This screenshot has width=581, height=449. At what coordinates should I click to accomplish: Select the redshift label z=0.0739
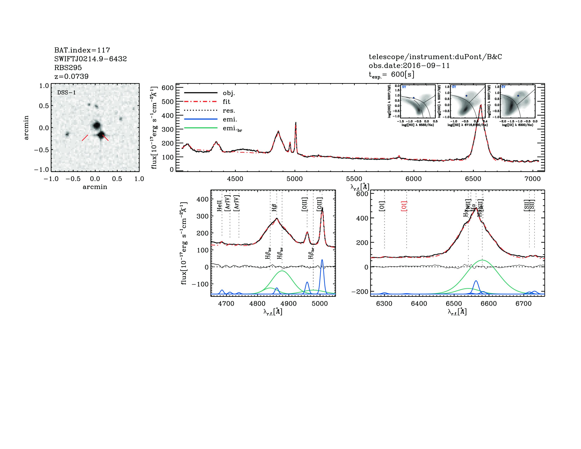point(71,76)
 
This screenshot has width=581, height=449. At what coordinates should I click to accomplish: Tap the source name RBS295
point(68,68)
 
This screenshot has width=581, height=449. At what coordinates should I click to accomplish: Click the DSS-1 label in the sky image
point(67,93)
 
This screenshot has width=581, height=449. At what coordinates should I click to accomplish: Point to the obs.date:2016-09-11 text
point(409,66)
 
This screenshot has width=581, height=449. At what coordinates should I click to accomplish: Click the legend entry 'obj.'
point(229,93)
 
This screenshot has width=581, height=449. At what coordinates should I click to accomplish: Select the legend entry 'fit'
point(226,102)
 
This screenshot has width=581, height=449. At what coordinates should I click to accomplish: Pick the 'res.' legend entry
point(229,111)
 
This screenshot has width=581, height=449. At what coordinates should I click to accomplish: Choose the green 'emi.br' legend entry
point(232,129)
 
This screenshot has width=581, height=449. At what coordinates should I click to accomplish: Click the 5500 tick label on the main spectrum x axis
point(354,179)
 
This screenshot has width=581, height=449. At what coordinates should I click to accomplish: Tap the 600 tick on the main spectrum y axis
point(168,88)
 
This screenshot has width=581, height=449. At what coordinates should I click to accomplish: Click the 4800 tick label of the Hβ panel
point(257,304)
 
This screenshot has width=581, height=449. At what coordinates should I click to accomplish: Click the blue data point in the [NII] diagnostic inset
point(414,98)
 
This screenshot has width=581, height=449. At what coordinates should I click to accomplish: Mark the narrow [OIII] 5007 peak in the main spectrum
point(296,123)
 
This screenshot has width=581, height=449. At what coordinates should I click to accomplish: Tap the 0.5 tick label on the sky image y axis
point(44,106)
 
